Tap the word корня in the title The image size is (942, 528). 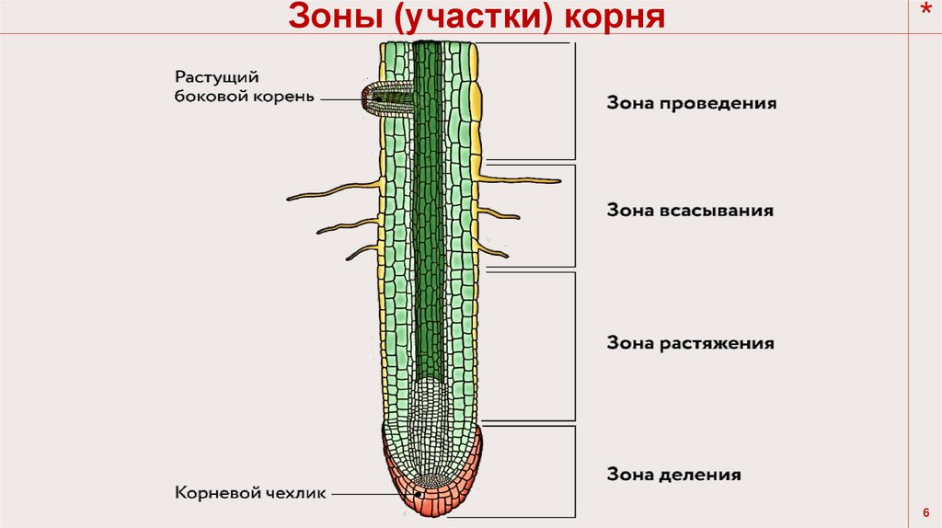pyautogui.click(x=616, y=17)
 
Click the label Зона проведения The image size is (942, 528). pyautogui.click(x=690, y=103)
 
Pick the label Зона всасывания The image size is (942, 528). pyautogui.click(x=689, y=210)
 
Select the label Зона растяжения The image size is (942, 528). pyautogui.click(x=689, y=343)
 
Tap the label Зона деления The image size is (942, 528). pyautogui.click(x=673, y=475)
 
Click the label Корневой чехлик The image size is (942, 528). pyautogui.click(x=250, y=493)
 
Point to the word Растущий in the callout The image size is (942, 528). pyautogui.click(x=213, y=76)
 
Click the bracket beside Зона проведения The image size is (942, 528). pyautogui.click(x=575, y=101)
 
